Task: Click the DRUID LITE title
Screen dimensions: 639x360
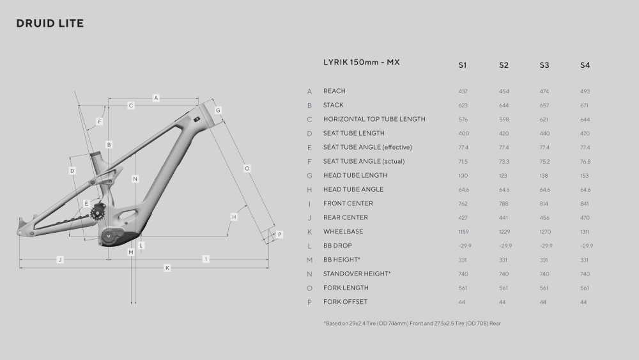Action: [x=50, y=23]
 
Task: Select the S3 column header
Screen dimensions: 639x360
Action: [x=544, y=65]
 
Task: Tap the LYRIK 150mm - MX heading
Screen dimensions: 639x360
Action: [x=362, y=62]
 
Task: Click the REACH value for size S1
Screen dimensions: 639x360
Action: [x=463, y=91]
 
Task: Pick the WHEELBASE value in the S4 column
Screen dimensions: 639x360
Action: [x=585, y=232]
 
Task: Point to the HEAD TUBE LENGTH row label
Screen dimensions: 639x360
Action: [x=355, y=175]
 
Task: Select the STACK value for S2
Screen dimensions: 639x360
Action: [x=504, y=106]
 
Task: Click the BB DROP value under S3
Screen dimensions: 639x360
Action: [x=546, y=246]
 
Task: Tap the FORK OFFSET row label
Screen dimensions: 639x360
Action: [x=345, y=302]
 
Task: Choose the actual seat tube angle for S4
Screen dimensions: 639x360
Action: [x=585, y=161]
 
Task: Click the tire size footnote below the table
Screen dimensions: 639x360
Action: [x=412, y=324]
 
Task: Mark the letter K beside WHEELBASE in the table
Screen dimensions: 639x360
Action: [x=310, y=232]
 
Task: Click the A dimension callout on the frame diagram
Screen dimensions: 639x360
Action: [x=156, y=98]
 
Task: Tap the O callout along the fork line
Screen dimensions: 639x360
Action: [x=247, y=168]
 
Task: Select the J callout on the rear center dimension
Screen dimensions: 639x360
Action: [x=60, y=260]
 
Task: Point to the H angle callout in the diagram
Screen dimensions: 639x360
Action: [x=234, y=217]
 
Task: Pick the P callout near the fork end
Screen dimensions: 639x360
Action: [x=279, y=235]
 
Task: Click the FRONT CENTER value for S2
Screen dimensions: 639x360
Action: [x=504, y=204]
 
